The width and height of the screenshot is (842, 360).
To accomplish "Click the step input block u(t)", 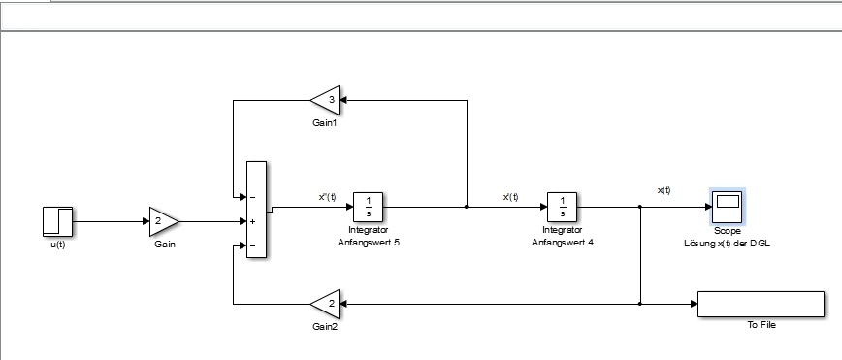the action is (57, 221).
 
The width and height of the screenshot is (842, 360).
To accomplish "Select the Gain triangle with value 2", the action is (163, 221).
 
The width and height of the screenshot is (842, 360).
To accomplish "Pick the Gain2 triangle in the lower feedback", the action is (325, 304).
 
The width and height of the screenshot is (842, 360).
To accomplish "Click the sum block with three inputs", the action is (256, 210).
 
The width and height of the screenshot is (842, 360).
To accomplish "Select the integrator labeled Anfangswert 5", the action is (369, 207).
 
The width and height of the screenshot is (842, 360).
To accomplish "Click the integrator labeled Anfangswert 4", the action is (563, 207).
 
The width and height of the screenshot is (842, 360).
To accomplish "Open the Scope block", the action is (728, 207).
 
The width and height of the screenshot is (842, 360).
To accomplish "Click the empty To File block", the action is (761, 304).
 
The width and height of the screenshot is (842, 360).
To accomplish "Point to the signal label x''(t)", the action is (327, 197).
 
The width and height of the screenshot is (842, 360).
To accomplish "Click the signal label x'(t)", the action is (510, 197).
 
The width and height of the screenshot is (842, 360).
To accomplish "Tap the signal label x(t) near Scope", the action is (664, 190).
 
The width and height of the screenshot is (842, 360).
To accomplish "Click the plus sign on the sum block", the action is (252, 221).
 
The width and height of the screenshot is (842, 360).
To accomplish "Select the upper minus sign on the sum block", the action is (252, 197).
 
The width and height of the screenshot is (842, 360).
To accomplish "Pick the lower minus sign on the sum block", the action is (252, 246).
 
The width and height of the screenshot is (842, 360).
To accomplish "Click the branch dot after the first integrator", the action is (466, 207).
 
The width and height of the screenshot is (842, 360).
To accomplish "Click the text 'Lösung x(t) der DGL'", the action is (727, 243).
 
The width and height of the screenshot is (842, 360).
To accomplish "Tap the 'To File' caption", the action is (761, 325).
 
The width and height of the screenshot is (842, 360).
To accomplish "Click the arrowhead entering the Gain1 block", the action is (343, 100).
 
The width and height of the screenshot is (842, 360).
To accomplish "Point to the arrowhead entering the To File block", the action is (694, 304).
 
